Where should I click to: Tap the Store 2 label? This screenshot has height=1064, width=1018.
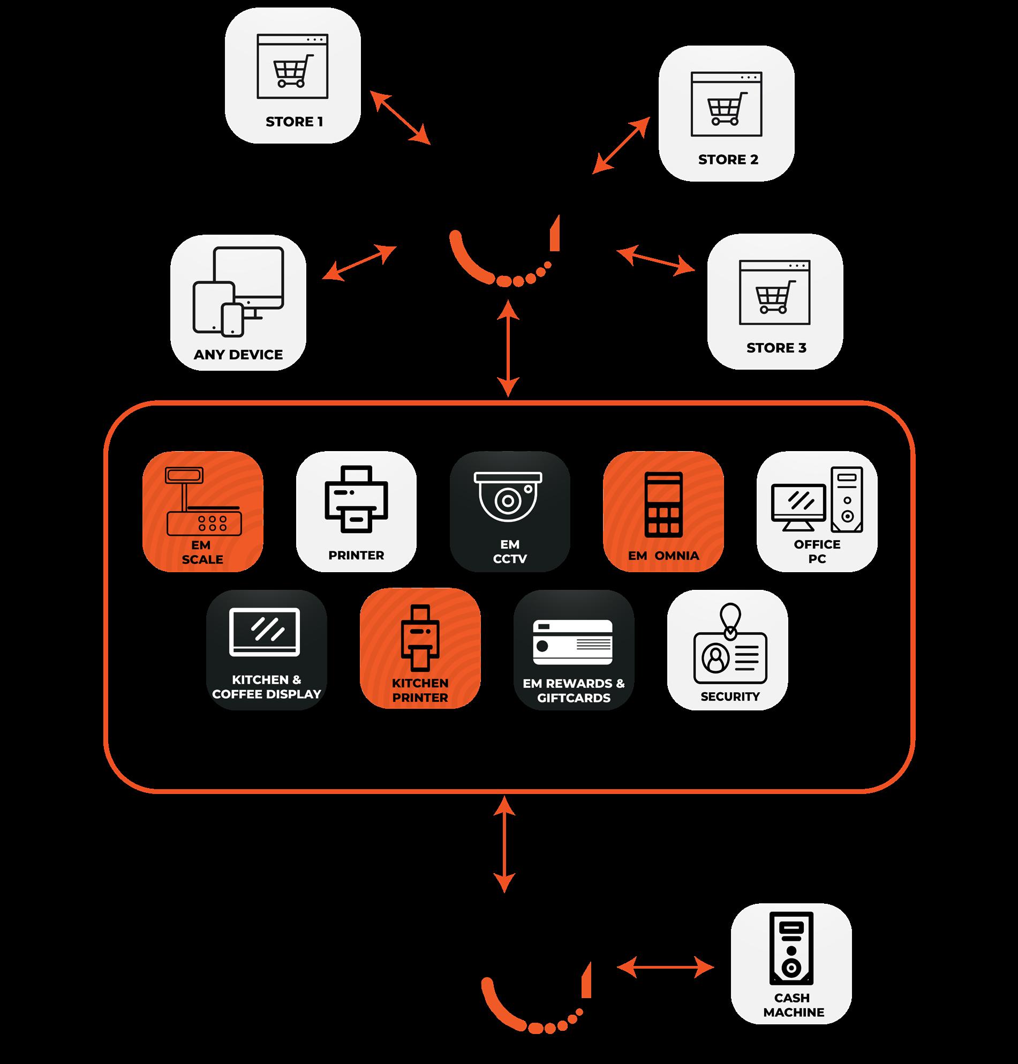pyautogui.click(x=728, y=160)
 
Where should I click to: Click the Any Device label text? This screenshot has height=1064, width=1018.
pyautogui.click(x=238, y=355)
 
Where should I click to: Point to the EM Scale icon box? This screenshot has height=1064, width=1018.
pyautogui.click(x=203, y=511)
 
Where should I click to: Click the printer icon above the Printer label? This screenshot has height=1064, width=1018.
pyautogui.click(x=356, y=499)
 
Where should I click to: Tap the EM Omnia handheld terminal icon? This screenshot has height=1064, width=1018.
pyautogui.click(x=662, y=504)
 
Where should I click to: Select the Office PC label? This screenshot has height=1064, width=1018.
pyautogui.click(x=817, y=551)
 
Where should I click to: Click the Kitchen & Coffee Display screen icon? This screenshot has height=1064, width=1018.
pyautogui.click(x=265, y=631)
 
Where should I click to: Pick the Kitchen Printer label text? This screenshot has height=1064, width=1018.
pyautogui.click(x=420, y=690)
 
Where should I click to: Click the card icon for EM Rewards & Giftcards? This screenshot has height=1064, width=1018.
pyautogui.click(x=572, y=642)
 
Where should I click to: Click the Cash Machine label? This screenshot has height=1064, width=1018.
pyautogui.click(x=793, y=1005)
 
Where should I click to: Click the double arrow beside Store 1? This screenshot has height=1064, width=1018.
pyautogui.click(x=400, y=117)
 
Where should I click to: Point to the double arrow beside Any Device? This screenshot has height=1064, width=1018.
pyautogui.click(x=359, y=263)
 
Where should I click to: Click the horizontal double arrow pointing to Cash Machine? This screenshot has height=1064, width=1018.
pyautogui.click(x=665, y=967)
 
